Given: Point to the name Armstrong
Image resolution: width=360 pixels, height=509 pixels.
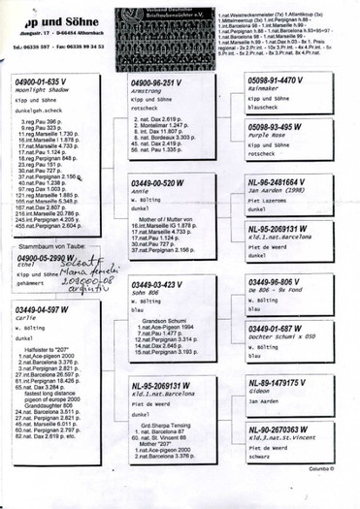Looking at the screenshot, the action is pos(145,92).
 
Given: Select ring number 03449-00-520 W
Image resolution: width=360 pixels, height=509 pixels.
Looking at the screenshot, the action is pos(158,183).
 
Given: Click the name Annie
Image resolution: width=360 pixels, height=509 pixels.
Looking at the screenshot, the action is pos(140,191).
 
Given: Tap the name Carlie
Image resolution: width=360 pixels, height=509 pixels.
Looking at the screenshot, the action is pos(26,317).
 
